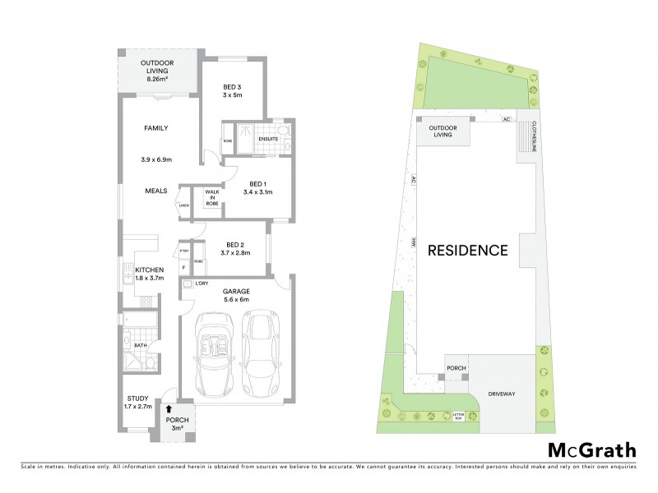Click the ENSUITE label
(x=267, y=138)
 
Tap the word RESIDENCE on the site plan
(x=467, y=251)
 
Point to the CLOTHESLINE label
(x=533, y=137)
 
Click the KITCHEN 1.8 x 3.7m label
(x=149, y=274)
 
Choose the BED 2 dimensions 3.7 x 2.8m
(x=235, y=253)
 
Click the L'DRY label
(x=202, y=283)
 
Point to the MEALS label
(x=156, y=191)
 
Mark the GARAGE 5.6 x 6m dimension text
(x=236, y=300)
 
